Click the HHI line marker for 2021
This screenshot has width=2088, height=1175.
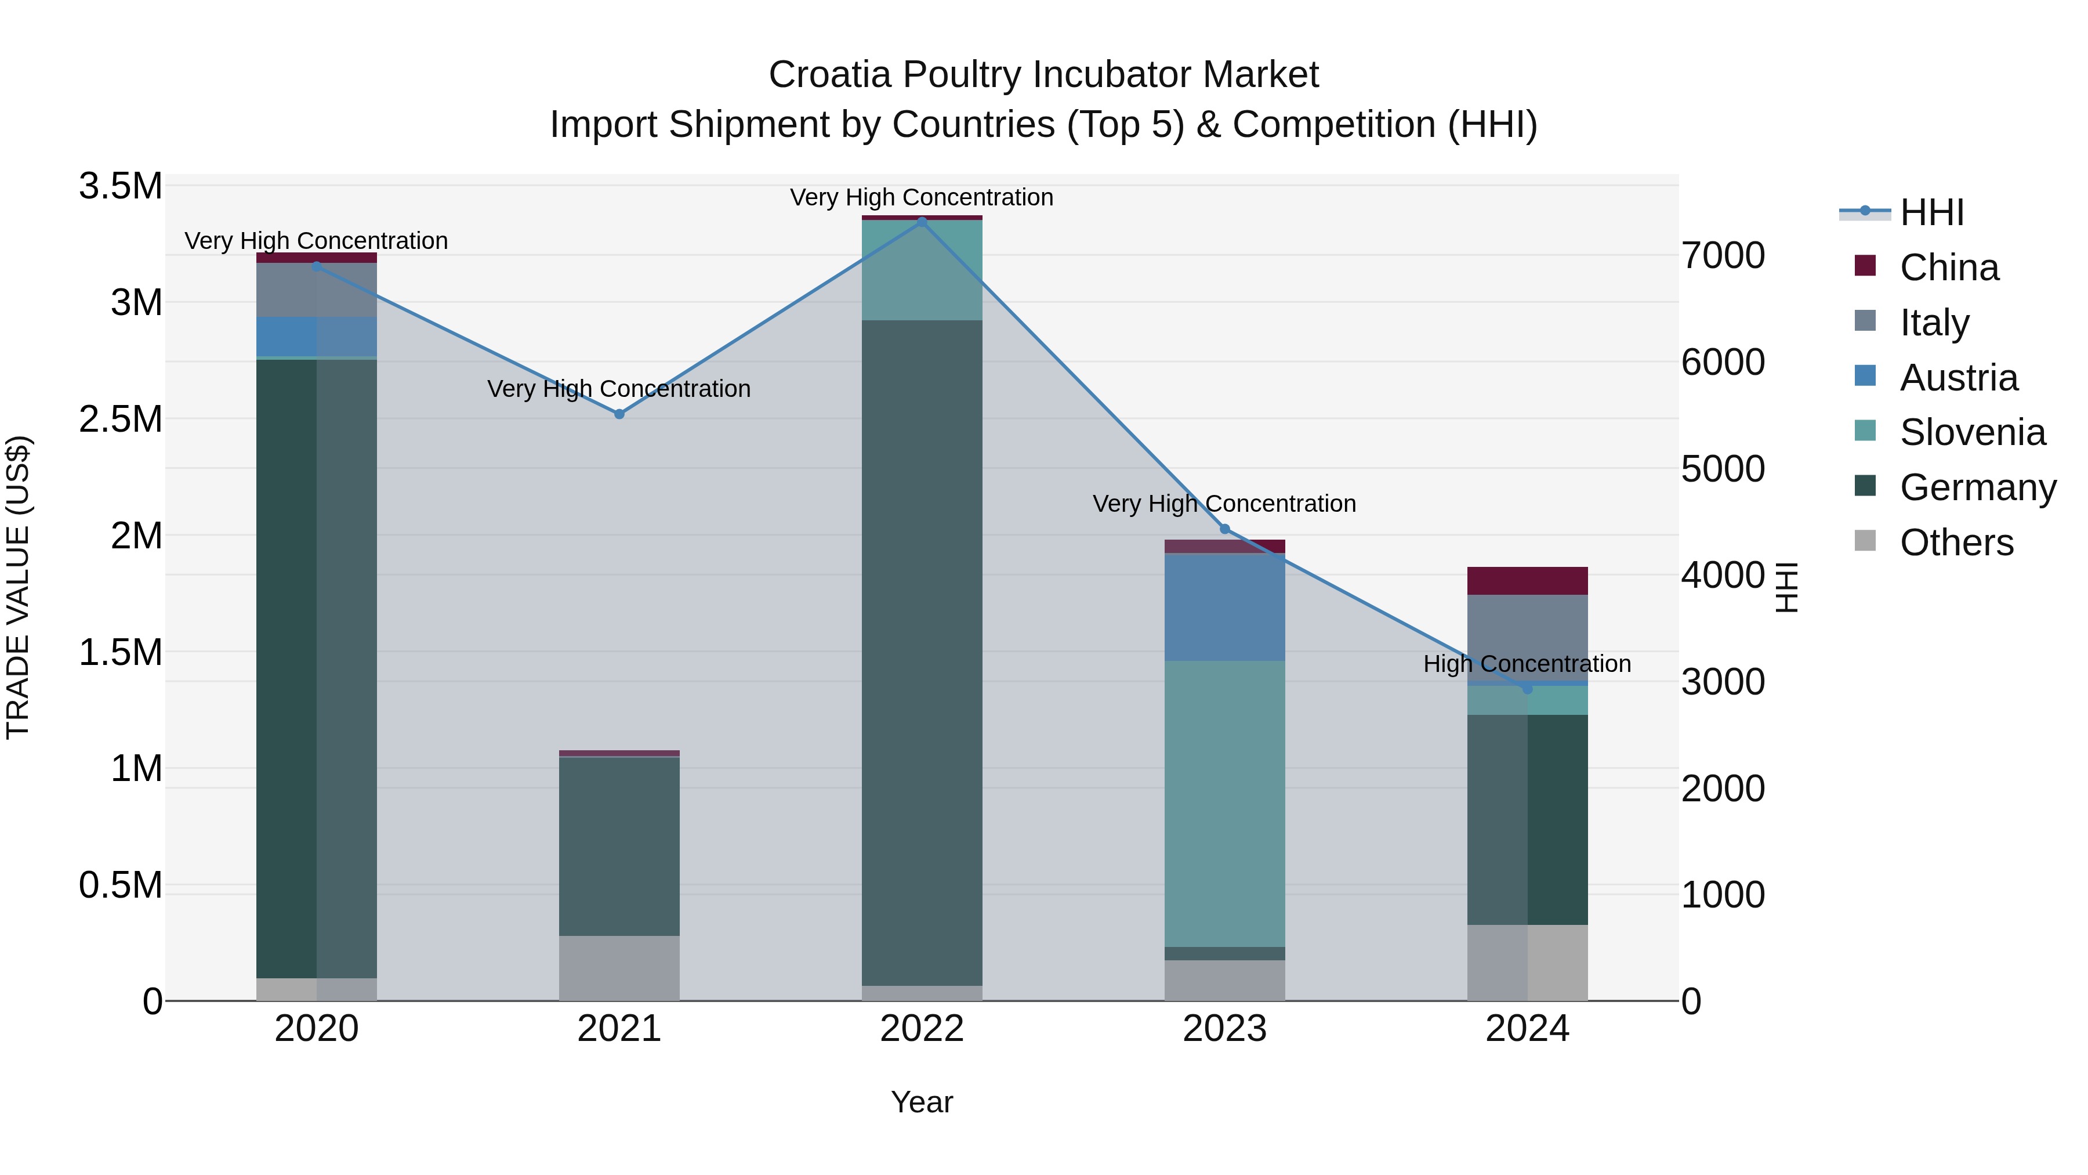[619, 414]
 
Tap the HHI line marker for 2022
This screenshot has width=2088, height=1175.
[922, 222]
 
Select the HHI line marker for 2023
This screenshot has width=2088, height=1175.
[1225, 529]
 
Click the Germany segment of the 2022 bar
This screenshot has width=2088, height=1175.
[922, 649]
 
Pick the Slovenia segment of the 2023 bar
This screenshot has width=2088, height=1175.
[1225, 803]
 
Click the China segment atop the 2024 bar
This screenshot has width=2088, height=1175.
[1527, 581]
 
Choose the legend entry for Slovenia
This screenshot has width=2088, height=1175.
[1972, 432]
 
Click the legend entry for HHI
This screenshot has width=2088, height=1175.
[1931, 212]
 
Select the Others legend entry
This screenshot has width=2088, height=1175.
[1956, 543]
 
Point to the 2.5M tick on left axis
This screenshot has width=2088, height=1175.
[120, 420]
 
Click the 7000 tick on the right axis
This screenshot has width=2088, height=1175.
[1723, 255]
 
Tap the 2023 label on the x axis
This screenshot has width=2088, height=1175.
[1225, 1028]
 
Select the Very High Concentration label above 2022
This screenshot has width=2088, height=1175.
[922, 197]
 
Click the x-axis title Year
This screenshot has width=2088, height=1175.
[922, 1102]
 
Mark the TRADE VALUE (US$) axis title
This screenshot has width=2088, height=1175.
[18, 587]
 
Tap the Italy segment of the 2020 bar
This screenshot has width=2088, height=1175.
[316, 290]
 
